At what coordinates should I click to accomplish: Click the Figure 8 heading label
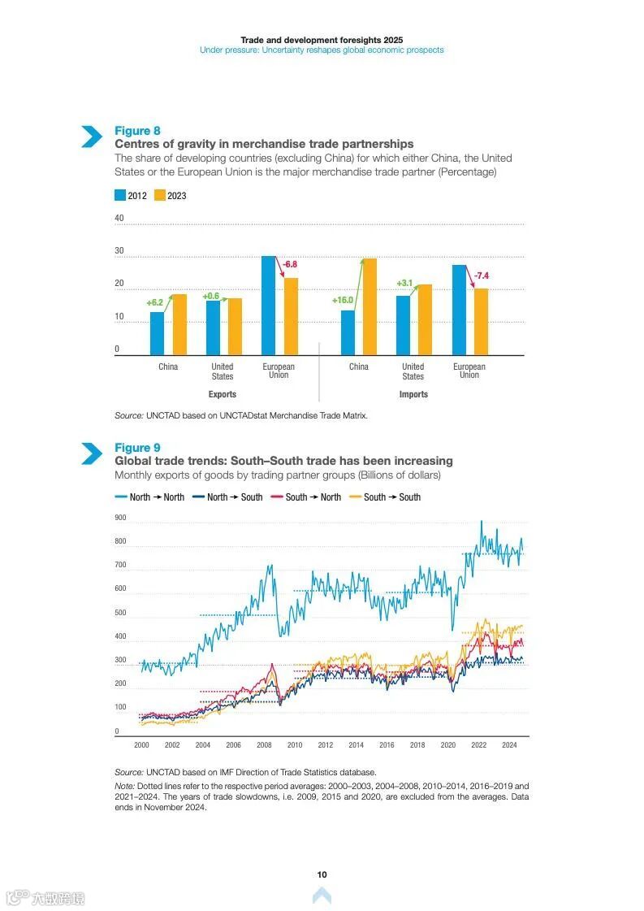(137, 131)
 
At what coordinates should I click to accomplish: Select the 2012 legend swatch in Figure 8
(120, 195)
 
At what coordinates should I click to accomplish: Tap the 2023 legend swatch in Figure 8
(160, 195)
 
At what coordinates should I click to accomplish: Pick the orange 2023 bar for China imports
(370, 306)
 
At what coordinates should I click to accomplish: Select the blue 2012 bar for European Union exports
(268, 305)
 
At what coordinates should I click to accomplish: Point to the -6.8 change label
(289, 264)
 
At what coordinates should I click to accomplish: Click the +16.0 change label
(343, 300)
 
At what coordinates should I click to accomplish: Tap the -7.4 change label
(481, 276)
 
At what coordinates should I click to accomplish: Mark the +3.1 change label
(404, 283)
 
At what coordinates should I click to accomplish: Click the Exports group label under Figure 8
(222, 394)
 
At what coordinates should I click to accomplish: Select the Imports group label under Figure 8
(413, 394)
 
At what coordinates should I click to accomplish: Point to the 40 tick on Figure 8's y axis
(119, 218)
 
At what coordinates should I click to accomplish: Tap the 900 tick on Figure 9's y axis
(120, 518)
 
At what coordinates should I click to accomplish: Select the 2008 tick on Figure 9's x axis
(264, 744)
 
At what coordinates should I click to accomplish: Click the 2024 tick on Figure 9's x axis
(509, 744)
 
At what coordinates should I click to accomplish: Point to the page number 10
(322, 874)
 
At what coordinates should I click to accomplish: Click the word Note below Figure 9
(124, 786)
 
